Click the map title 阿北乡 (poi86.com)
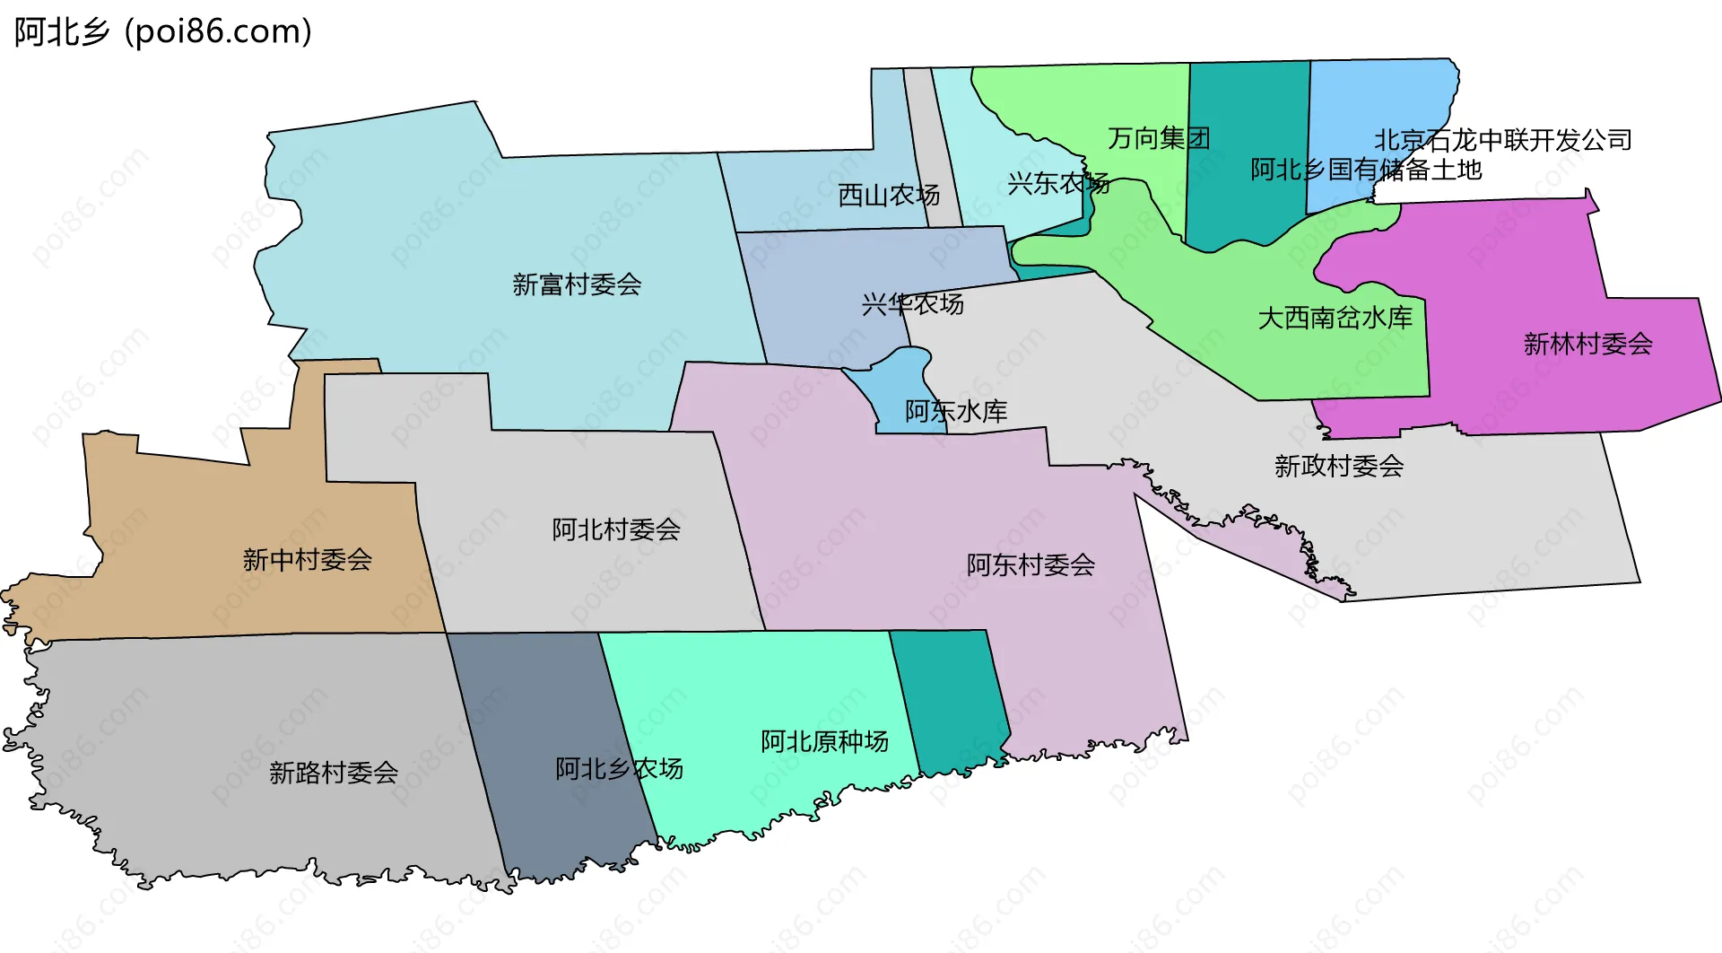[162, 31]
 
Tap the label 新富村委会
[577, 284]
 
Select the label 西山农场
[888, 195]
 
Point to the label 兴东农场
[1058, 184]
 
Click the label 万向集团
[1159, 138]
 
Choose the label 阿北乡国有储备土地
[1366, 170]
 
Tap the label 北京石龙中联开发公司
[1503, 140]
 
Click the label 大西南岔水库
[1335, 318]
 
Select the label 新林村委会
[1587, 344]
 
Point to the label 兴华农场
[912, 304]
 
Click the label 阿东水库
[955, 411]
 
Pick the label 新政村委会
[1338, 466]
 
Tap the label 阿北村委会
[616, 529]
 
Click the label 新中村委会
[307, 560]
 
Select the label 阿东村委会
[1031, 564]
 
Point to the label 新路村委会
[334, 772]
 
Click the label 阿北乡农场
[619, 768]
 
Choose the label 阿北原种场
[824, 741]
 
